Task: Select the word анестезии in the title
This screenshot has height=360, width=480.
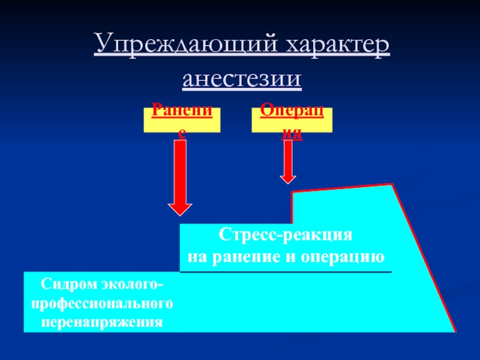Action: [242, 79]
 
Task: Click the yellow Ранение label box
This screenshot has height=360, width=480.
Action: [182, 120]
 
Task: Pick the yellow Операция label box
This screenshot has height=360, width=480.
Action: [292, 120]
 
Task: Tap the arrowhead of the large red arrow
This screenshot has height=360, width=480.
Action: [181, 206]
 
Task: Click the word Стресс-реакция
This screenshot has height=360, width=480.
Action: [285, 235]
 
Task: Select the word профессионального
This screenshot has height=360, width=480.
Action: [103, 303]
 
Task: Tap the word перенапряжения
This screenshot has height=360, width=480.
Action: [103, 322]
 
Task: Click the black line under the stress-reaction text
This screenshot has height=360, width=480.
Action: [286, 272]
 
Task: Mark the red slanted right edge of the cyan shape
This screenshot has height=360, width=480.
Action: [425, 258]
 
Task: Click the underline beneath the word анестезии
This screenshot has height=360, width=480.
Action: [242, 89]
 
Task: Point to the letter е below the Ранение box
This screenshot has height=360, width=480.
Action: [182, 136]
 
